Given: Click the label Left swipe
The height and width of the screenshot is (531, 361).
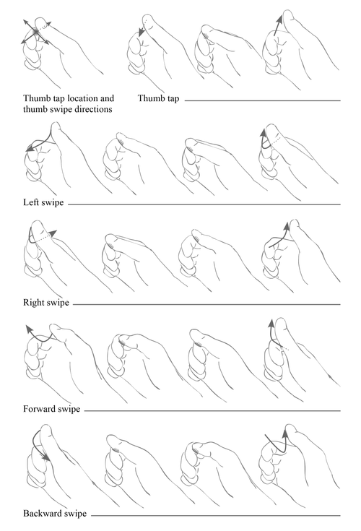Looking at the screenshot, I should coord(43,204).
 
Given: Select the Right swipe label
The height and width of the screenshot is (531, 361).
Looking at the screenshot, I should coord(45,303).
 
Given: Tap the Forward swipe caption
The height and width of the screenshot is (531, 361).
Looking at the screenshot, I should coord(51,410).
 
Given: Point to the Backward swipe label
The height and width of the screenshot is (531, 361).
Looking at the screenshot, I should coord(55,514).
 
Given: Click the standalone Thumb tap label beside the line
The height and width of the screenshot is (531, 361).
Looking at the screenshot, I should coord(159,98).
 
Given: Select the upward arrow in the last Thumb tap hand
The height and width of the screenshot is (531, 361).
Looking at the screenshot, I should coord(275,26).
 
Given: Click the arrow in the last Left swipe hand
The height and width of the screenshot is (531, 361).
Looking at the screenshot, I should coord(265,140).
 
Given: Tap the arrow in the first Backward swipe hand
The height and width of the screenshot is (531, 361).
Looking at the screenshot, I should coord(40,444).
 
